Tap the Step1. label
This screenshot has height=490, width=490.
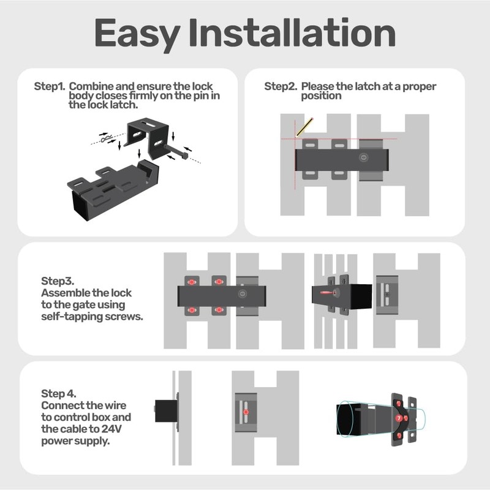pyautogui.click(x=49, y=86)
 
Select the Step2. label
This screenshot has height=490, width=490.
pyautogui.click(x=281, y=86)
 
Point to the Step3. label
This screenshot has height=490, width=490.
pyautogui.click(x=57, y=281)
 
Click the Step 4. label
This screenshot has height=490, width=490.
pyautogui.click(x=58, y=394)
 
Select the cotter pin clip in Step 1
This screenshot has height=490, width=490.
pyautogui.click(x=109, y=140)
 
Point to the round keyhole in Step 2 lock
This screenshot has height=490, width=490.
pyautogui.click(x=364, y=158)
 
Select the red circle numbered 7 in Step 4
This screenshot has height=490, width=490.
pyautogui.click(x=399, y=417)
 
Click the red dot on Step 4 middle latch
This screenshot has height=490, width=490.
pyautogui.click(x=246, y=413)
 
